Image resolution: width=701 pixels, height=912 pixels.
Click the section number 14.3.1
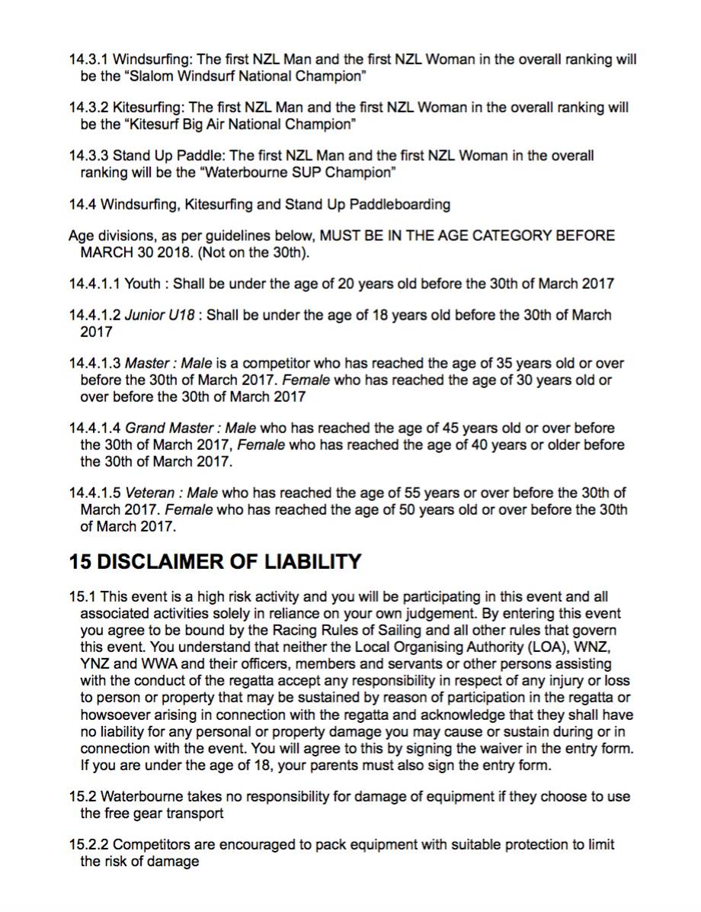[x=89, y=59]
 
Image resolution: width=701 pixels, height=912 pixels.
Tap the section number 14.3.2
[x=89, y=108]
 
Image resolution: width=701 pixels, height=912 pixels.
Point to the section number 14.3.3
[x=89, y=156]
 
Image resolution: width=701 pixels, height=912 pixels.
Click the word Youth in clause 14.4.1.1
[x=142, y=284]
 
